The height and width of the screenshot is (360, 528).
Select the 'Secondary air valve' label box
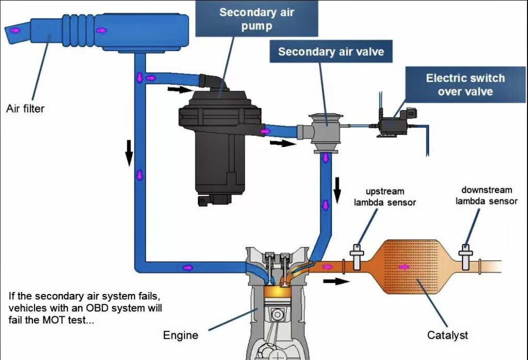pyautogui.click(x=331, y=52)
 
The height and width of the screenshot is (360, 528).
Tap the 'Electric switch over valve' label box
pyautogui.click(x=465, y=85)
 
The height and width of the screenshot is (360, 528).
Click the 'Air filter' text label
pyautogui.click(x=25, y=109)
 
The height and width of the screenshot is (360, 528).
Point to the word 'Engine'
pyautogui.click(x=180, y=335)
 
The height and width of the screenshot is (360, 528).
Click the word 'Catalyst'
pyautogui.click(x=448, y=335)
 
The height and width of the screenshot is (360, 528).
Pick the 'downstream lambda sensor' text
pyautogui.click(x=486, y=195)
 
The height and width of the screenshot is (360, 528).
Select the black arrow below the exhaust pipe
pyautogui.click(x=336, y=282)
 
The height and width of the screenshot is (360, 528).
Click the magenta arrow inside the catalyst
pyautogui.click(x=404, y=267)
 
